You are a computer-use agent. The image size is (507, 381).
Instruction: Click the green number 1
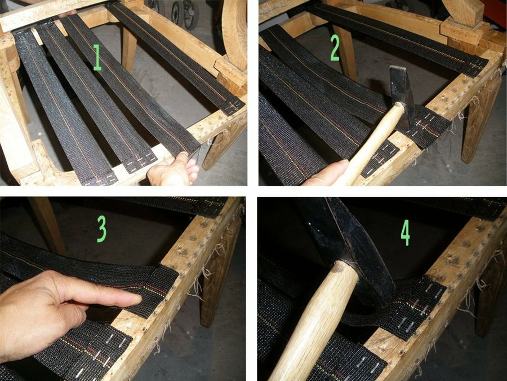97,58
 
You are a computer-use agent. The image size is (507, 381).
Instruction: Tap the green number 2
335,47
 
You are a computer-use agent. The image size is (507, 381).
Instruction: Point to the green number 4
406,233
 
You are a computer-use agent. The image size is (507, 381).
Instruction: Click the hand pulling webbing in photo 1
173,170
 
